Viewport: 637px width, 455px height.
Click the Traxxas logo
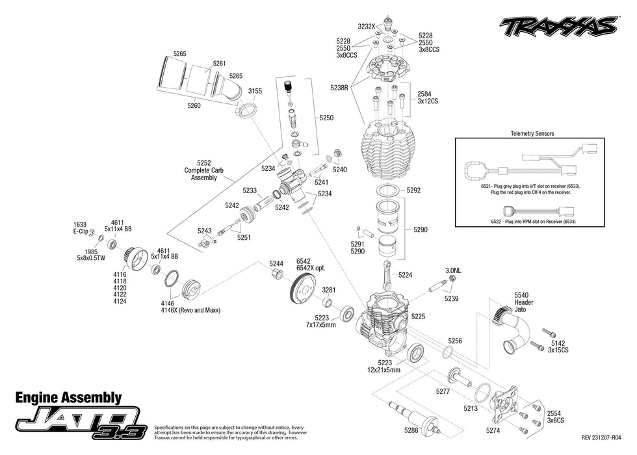[557, 26]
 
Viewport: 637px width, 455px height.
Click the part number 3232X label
[367, 27]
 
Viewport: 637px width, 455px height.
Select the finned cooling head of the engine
[391, 151]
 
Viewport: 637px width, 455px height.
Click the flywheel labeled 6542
[304, 285]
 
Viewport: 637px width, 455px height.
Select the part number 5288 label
[411, 430]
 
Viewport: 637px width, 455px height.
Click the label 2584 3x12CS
[429, 97]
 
